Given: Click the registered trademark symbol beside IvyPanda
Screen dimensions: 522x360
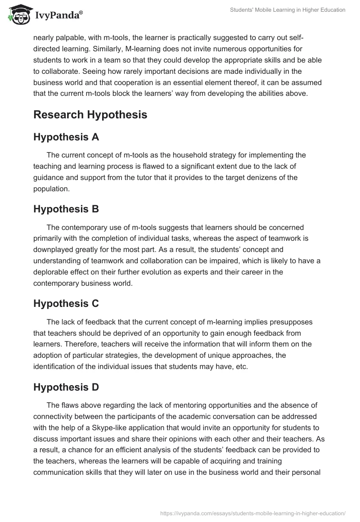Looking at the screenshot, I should pos(81,13).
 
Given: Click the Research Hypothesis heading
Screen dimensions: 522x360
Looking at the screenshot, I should pos(90,114).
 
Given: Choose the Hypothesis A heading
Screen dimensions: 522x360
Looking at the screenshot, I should pos(66,137).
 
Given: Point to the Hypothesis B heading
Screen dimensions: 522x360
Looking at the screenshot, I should pos(66,209).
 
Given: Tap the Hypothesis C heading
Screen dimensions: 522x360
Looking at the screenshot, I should pos(66,303).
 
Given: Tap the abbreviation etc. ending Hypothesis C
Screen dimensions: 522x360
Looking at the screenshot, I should pos(242,366).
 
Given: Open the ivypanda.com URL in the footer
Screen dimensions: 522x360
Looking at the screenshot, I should pos(253,513).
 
